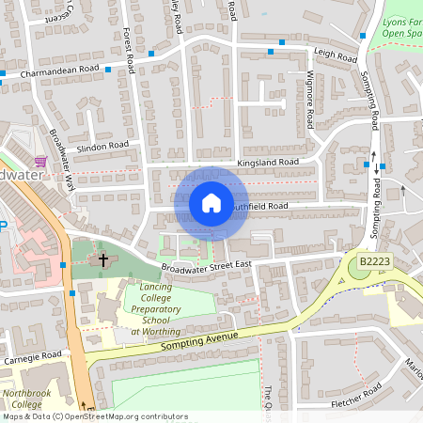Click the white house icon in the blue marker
coord(211,203)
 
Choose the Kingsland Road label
coord(268,163)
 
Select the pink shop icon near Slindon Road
coord(39,162)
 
